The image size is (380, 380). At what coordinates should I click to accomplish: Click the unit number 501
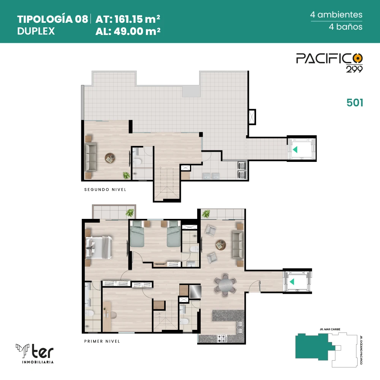[x=355, y=103]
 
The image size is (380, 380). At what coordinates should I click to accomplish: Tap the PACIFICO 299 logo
[x=329, y=63]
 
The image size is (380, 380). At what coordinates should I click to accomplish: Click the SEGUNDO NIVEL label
[x=105, y=190]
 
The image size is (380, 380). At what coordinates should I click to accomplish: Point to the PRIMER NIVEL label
[x=102, y=341]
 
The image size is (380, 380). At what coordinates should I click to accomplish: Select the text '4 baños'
[x=345, y=27]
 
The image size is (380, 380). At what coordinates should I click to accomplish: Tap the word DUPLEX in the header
[x=36, y=31]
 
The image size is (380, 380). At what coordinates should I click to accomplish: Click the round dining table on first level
[x=225, y=285]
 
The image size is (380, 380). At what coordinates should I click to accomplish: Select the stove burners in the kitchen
[x=222, y=338]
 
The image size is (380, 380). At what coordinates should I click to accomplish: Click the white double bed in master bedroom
[x=99, y=248]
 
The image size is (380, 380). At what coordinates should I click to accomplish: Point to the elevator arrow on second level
[x=295, y=149]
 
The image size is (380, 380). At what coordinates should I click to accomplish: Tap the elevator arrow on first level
[x=292, y=282]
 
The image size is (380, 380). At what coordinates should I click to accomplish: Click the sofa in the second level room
[x=90, y=157]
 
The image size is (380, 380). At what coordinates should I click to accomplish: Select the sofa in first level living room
[x=238, y=245]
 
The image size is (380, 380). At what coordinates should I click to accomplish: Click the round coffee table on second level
[x=110, y=158]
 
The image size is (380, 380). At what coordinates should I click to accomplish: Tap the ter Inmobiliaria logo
[x=35, y=353]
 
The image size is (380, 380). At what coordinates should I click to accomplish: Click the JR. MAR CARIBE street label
[x=330, y=329]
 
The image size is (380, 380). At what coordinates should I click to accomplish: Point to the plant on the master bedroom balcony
[x=130, y=213]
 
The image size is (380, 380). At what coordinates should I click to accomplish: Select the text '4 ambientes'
[x=336, y=14]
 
